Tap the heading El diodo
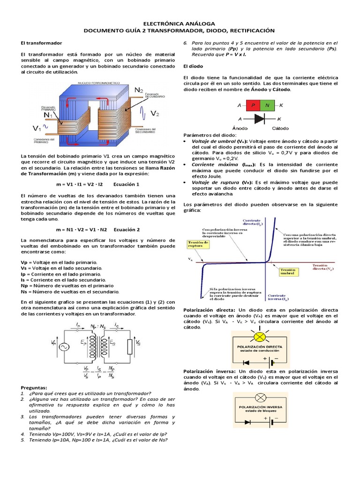click(x=192, y=66)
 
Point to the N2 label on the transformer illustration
click(x=139, y=90)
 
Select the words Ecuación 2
click(x=126, y=230)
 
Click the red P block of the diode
click(x=253, y=105)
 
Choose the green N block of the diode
click(x=268, y=105)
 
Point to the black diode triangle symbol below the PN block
click(x=260, y=120)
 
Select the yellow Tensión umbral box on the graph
click(x=288, y=273)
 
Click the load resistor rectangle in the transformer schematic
click(x=129, y=347)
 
